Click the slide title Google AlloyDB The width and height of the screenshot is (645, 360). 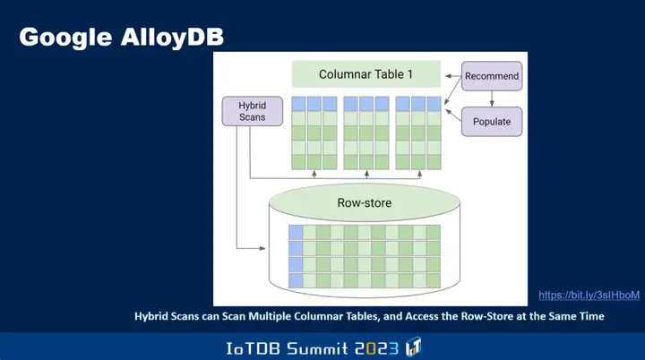122,37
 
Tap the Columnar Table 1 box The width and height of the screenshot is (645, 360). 366,74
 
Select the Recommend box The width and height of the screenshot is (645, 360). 492,76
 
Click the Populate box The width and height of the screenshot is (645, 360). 491,121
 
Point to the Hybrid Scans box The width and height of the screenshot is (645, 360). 252,111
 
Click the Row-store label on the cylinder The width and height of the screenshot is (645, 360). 364,203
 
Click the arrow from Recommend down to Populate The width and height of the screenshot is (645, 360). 492,98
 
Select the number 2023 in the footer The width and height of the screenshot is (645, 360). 377,347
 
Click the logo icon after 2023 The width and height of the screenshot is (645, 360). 414,347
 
